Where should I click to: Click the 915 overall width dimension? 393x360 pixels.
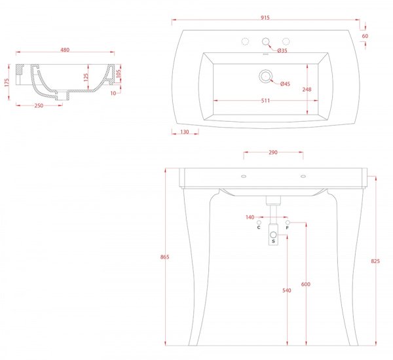click(265, 18)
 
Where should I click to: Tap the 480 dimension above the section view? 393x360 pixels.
click(65, 50)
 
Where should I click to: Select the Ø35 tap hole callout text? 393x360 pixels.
click(282, 50)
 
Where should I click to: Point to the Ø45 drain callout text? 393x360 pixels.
click(285, 84)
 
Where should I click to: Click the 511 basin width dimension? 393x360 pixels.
click(265, 101)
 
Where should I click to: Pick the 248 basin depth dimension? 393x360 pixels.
click(307, 90)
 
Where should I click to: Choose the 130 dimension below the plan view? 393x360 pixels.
click(185, 132)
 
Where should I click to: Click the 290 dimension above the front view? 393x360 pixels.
click(273, 153)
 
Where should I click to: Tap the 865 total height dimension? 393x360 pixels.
click(165, 257)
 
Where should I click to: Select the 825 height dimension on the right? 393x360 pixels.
click(375, 261)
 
